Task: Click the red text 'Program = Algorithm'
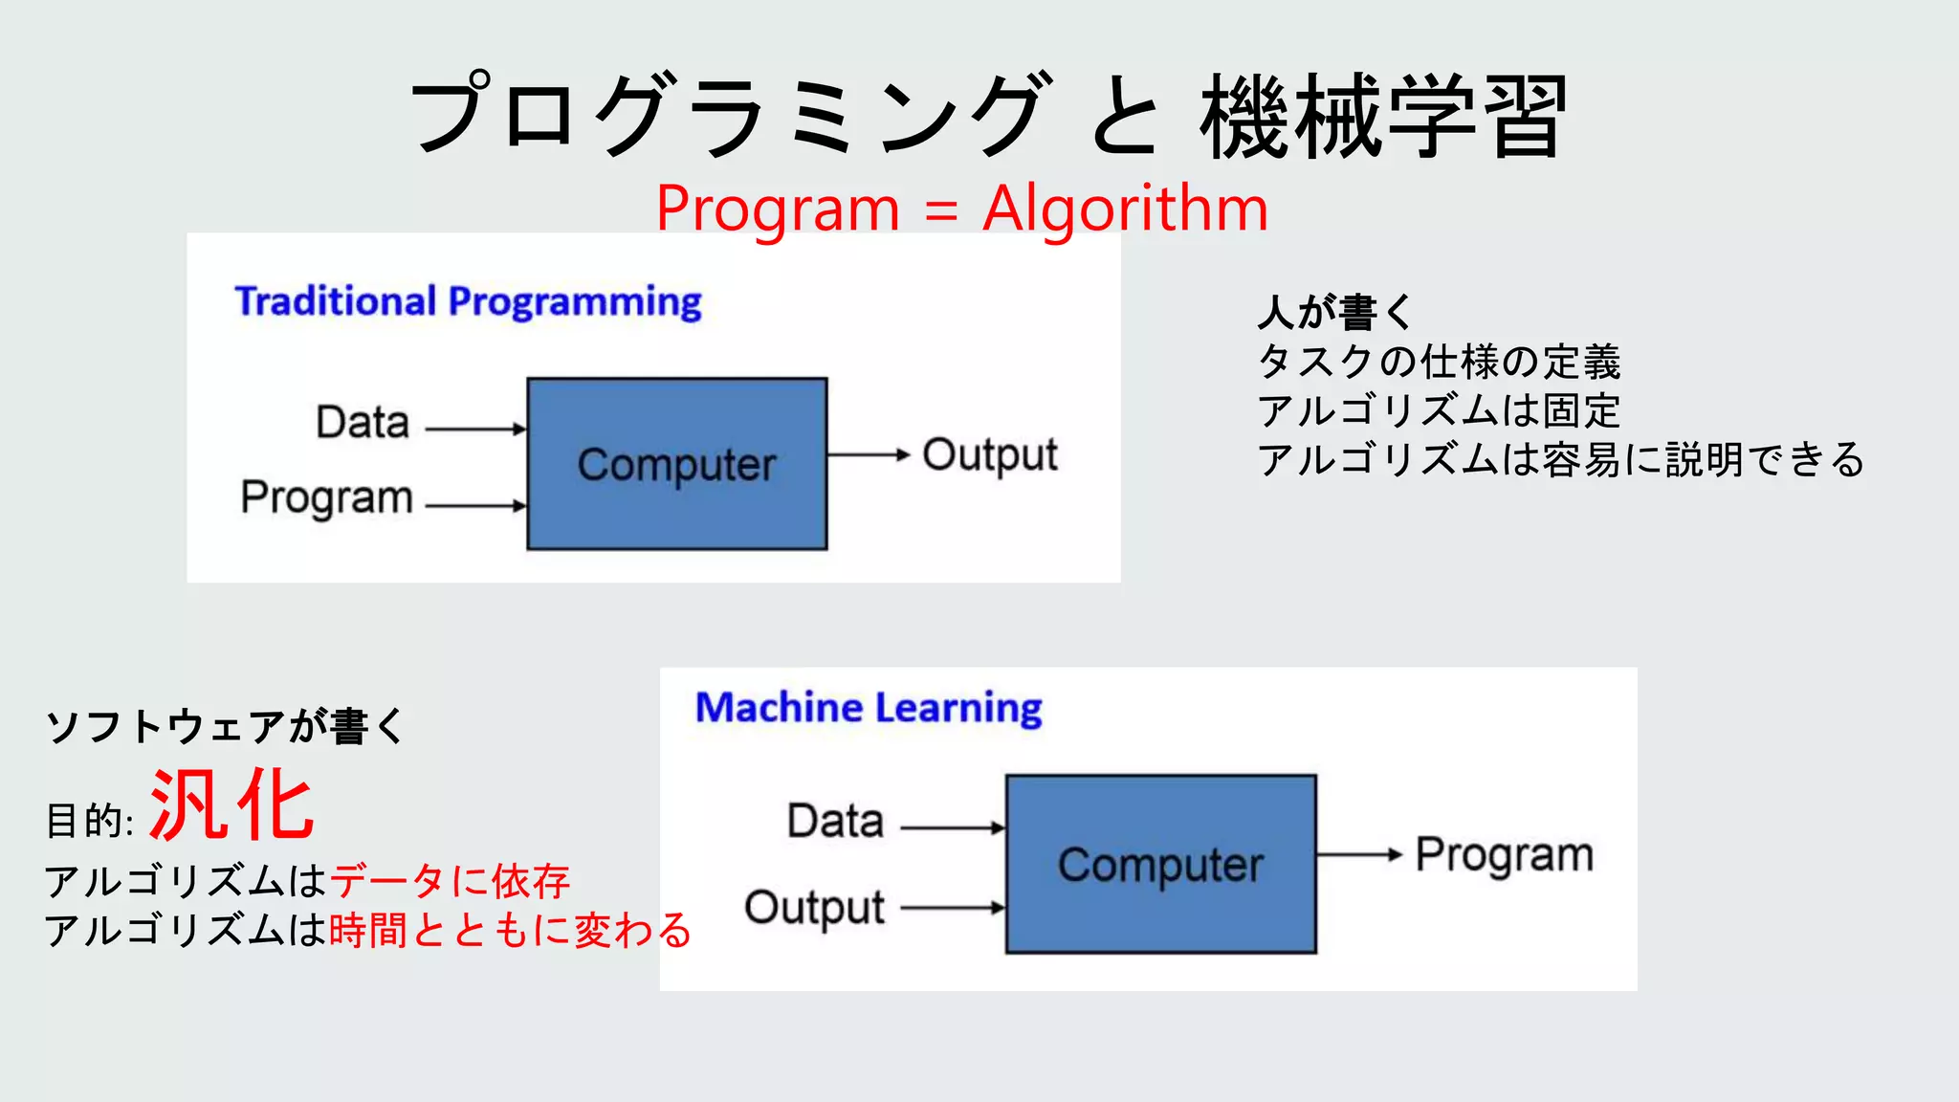tap(961, 209)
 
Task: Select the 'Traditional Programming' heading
tap(468, 301)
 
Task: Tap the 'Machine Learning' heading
tap(869, 708)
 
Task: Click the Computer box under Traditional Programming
tap(677, 464)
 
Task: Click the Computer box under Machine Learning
tap(1160, 864)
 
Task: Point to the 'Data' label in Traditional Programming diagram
tap(363, 422)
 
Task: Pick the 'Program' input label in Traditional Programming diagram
tap(327, 497)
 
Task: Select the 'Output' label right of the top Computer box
tap(990, 455)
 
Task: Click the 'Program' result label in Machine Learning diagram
tap(1504, 855)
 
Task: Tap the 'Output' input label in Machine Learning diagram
tap(814, 908)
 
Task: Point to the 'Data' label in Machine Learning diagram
tap(835, 821)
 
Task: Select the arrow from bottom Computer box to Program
tap(1359, 854)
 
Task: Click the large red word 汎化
tap(232, 806)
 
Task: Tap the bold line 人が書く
tap(1334, 312)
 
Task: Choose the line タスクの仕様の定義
tap(1439, 362)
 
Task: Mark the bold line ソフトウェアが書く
tap(226, 726)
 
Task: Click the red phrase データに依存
tap(450, 881)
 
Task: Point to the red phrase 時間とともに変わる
tap(510, 930)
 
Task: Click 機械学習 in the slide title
tap(1383, 117)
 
